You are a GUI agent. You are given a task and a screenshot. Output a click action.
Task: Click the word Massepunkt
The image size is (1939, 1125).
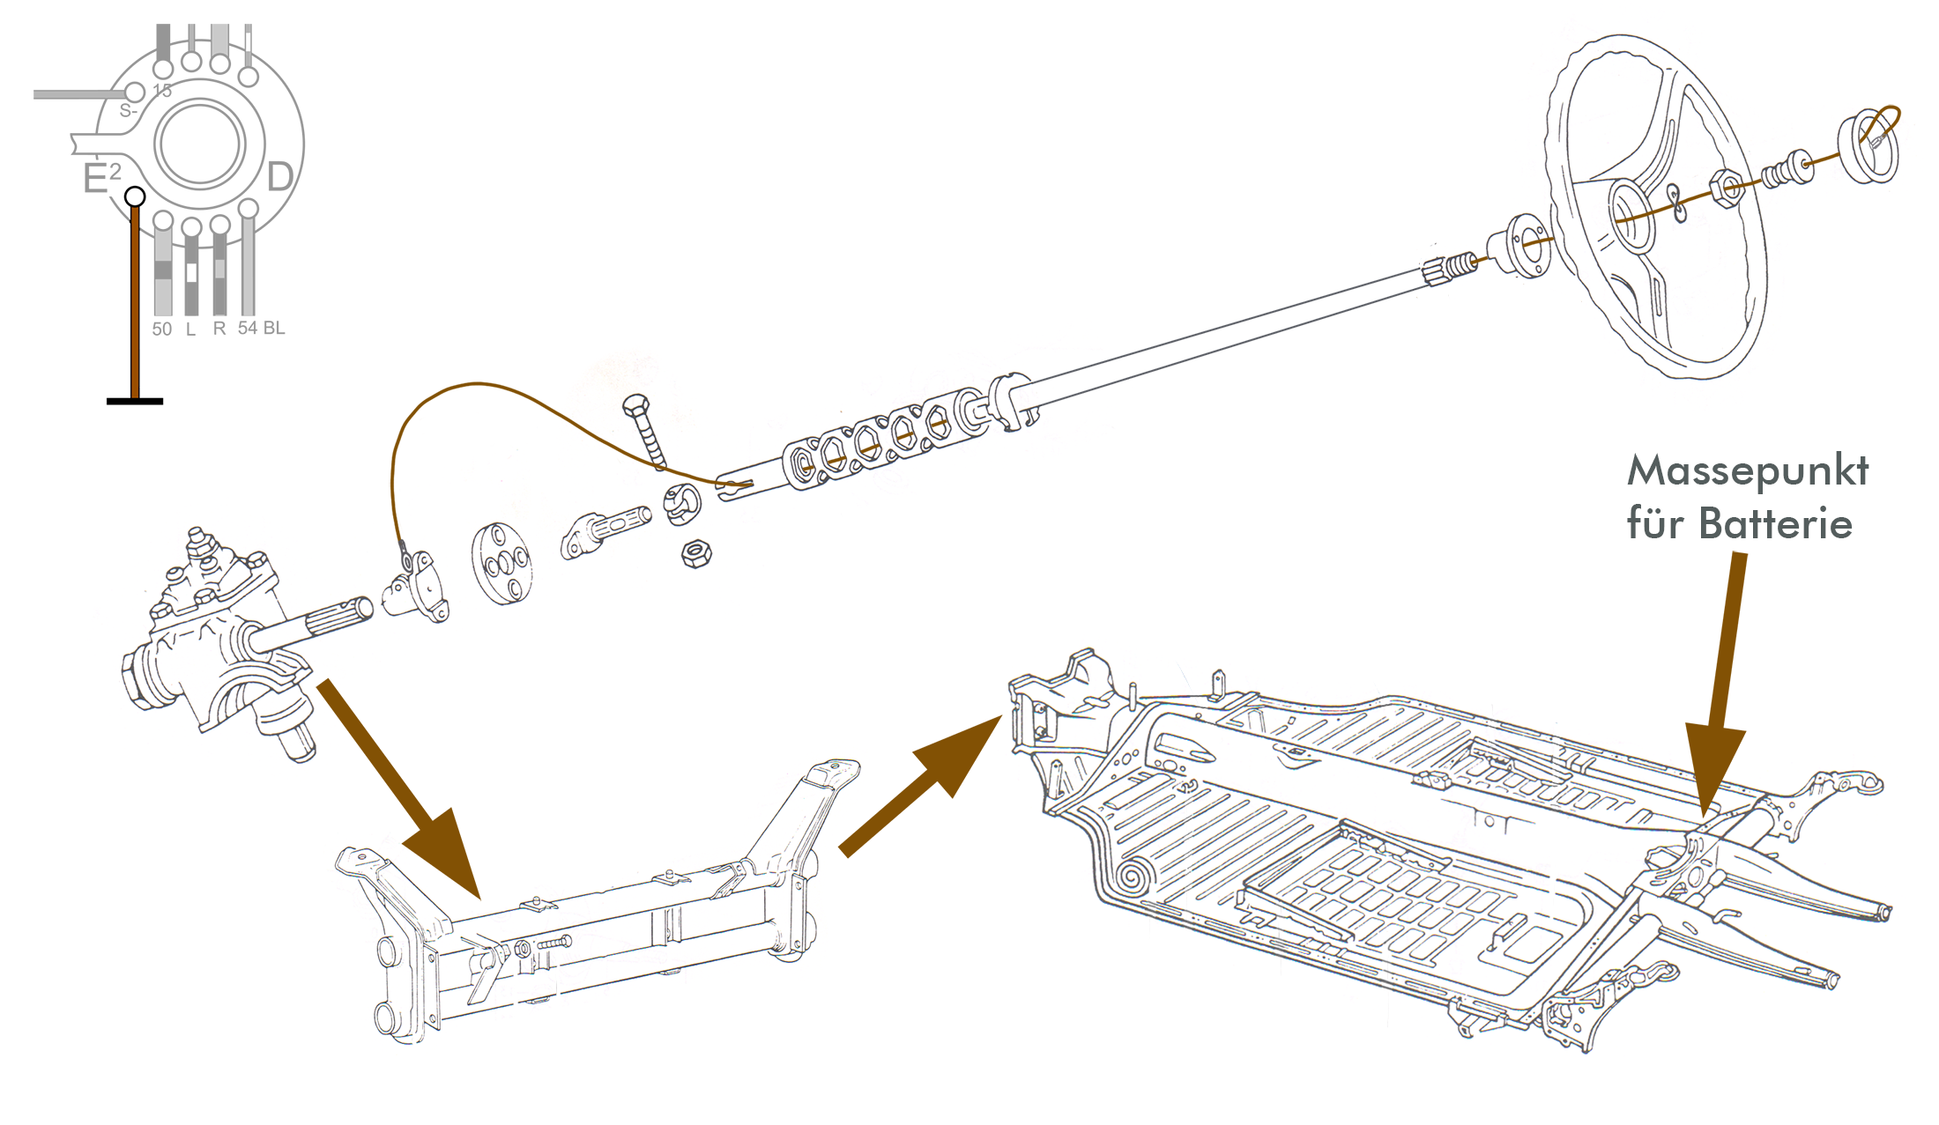pos(1747,471)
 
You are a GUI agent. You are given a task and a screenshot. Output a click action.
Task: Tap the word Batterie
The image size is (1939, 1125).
pos(1775,524)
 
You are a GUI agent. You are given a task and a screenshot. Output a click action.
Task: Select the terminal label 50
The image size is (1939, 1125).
pos(161,329)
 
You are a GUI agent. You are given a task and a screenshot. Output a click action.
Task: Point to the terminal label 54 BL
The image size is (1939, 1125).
pos(261,328)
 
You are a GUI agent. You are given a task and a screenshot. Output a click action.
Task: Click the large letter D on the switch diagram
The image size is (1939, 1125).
pos(279,177)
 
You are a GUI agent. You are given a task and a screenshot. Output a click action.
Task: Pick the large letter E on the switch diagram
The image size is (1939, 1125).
pos(94,179)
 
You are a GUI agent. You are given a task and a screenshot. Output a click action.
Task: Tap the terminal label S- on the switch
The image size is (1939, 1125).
pos(128,111)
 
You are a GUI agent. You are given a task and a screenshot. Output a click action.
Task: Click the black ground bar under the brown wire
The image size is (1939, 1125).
pos(134,402)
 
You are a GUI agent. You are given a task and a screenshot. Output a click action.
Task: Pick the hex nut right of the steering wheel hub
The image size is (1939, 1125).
pos(1727,188)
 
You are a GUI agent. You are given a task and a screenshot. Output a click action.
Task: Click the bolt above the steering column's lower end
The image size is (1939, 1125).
pos(646,432)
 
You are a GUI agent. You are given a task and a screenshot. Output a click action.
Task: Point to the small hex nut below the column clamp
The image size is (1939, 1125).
pos(696,554)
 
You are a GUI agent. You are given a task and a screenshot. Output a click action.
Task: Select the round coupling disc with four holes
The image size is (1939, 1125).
pos(501,564)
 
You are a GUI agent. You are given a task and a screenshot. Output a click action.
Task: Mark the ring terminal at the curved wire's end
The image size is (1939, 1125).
pos(405,556)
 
